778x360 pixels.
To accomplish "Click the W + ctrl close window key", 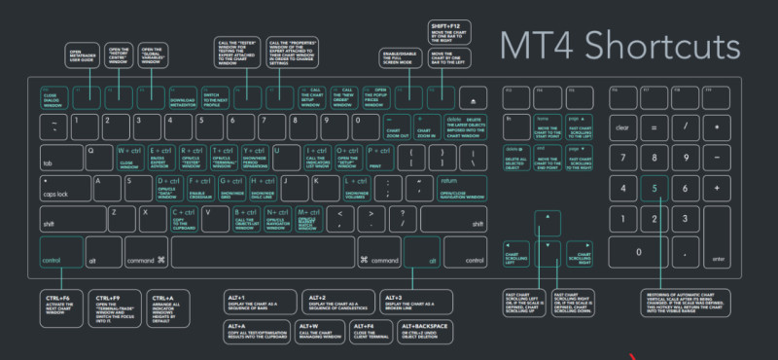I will (128, 157).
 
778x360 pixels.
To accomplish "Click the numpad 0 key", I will (637, 250).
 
